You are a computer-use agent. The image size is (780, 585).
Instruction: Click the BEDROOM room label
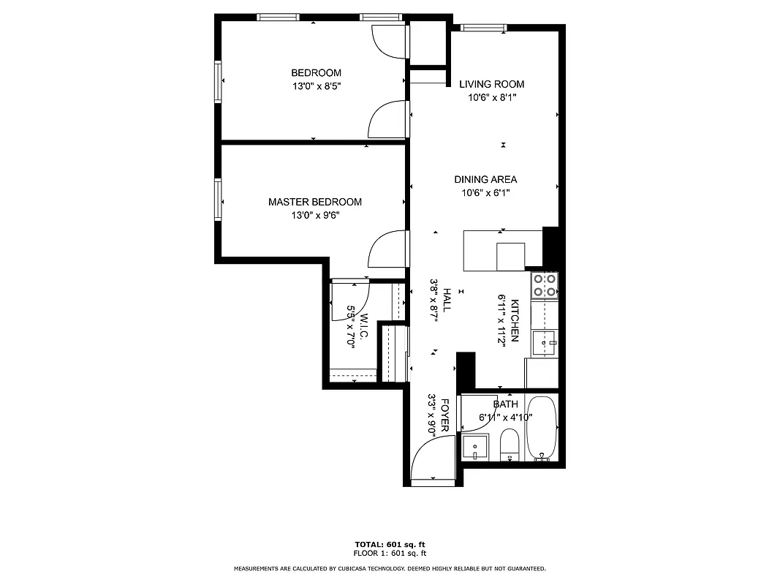(316, 73)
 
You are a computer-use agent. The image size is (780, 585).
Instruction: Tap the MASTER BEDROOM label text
(314, 202)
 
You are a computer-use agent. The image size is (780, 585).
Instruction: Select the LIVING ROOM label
(491, 84)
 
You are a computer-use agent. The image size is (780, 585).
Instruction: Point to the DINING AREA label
(485, 179)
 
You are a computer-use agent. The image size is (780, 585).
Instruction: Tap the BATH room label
(505, 404)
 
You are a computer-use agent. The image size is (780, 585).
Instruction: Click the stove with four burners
(545, 284)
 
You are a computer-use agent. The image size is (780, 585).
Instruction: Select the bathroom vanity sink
(476, 445)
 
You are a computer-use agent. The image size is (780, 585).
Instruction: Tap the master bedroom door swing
(385, 249)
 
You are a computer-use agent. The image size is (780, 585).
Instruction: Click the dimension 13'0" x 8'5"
(317, 86)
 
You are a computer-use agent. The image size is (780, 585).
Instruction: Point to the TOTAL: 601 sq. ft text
(390, 545)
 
